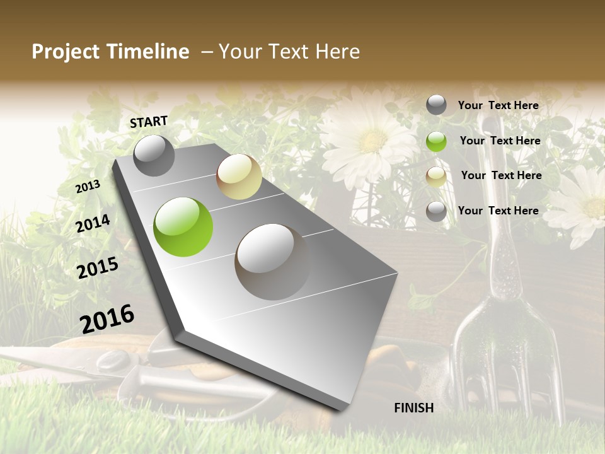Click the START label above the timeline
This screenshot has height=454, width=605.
pyautogui.click(x=149, y=122)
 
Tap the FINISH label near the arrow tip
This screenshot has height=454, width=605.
pyautogui.click(x=414, y=408)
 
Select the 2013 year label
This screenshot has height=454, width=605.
pyautogui.click(x=88, y=187)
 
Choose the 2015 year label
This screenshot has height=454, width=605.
pyautogui.click(x=98, y=268)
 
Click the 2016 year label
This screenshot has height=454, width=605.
pyautogui.click(x=107, y=319)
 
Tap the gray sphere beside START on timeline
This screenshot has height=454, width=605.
pyautogui.click(x=154, y=156)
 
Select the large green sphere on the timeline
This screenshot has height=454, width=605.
pyautogui.click(x=183, y=227)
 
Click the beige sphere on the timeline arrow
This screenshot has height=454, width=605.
pyautogui.click(x=239, y=177)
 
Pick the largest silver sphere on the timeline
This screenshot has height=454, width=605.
pyautogui.click(x=272, y=261)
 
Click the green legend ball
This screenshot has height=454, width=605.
pyautogui.click(x=436, y=141)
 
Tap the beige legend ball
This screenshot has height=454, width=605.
pyautogui.click(x=436, y=177)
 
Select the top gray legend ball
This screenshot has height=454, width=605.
pyautogui.click(x=436, y=105)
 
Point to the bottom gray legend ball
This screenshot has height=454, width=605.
pyautogui.click(x=436, y=211)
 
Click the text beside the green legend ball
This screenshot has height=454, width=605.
pyautogui.click(x=500, y=141)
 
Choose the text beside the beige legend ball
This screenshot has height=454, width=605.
pyautogui.click(x=501, y=175)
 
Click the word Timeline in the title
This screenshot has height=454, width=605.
pyautogui.click(x=148, y=52)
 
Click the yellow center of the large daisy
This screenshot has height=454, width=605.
pyautogui.click(x=372, y=140)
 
